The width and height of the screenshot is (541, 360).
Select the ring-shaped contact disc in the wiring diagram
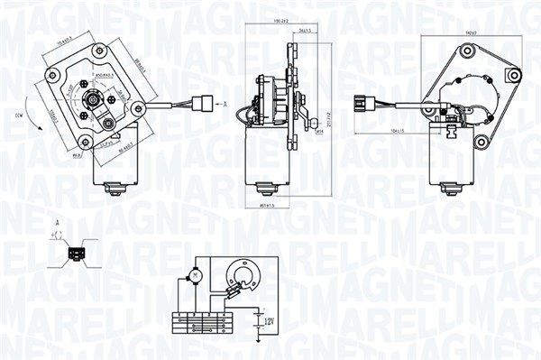pos(243,274)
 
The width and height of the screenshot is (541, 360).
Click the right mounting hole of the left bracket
pos(138,109)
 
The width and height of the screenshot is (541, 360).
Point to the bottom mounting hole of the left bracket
pos(85,142)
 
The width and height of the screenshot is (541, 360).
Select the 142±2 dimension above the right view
pos(468,32)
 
